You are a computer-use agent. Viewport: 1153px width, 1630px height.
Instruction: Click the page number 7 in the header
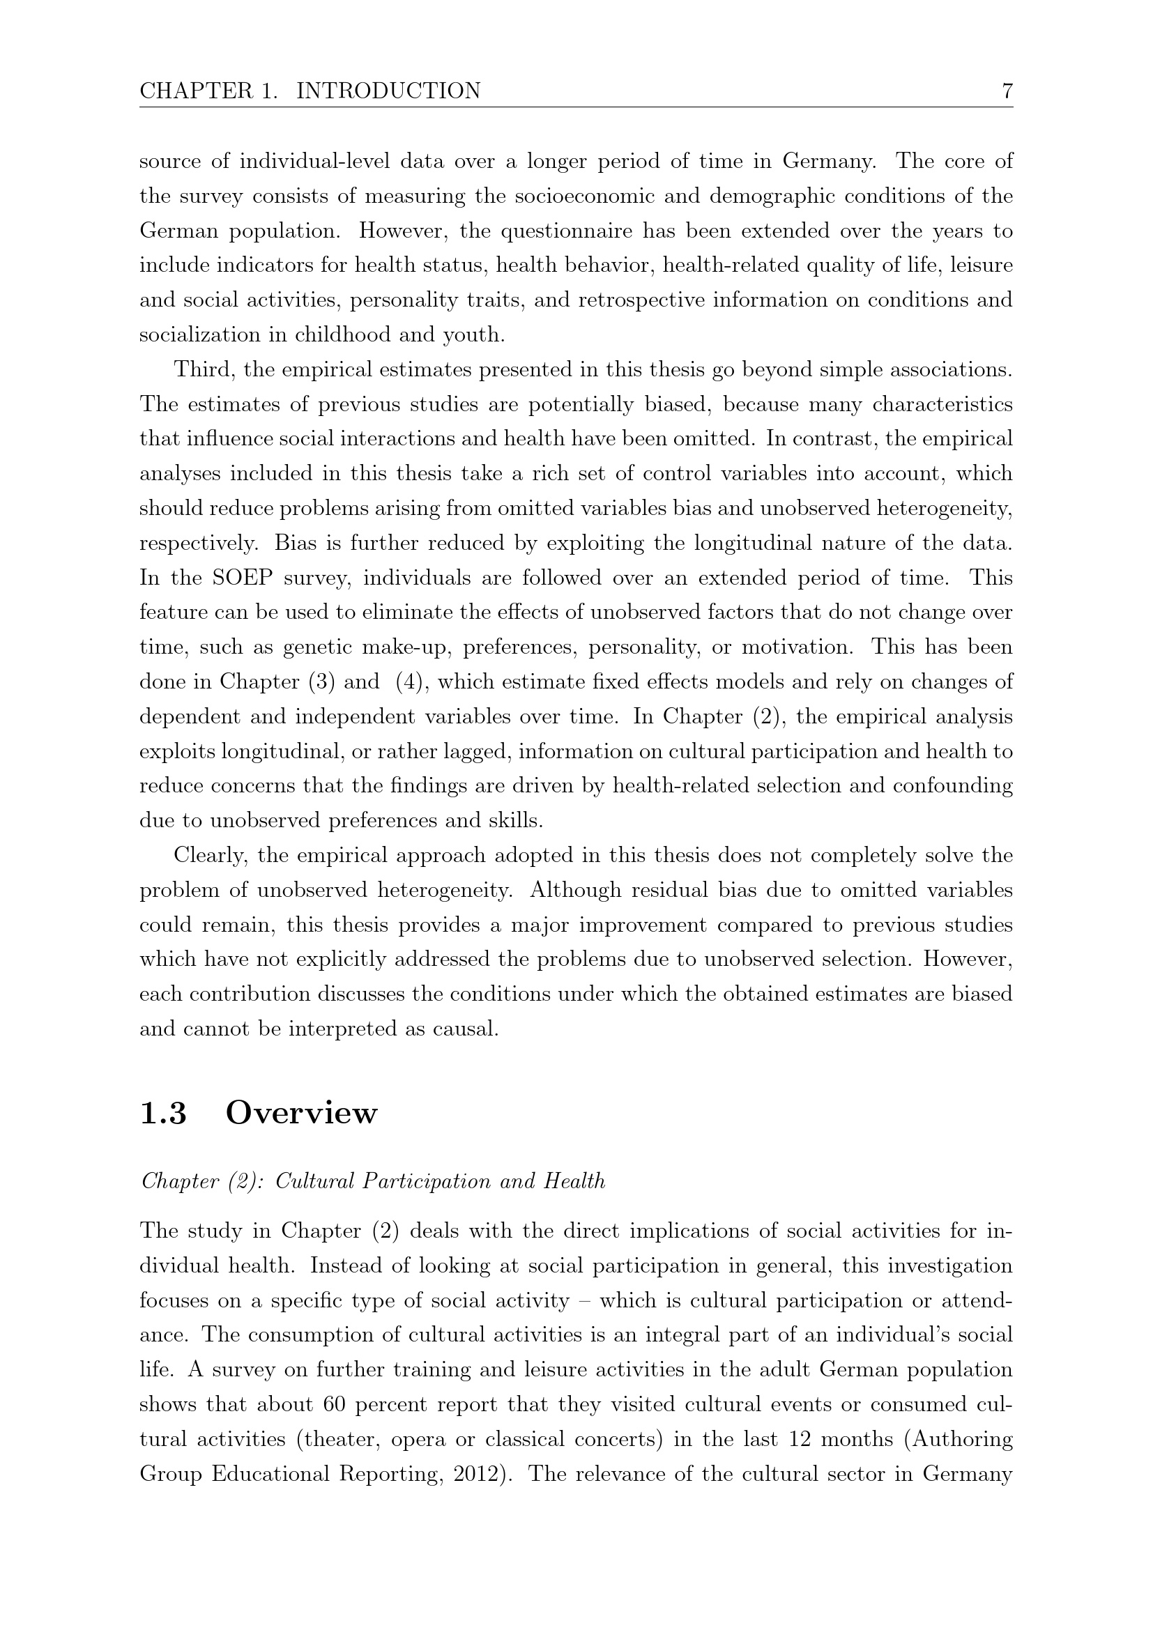click(1006, 91)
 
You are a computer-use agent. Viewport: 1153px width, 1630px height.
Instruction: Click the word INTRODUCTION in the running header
click(388, 91)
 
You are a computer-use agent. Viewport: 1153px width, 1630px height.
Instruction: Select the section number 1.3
click(163, 1112)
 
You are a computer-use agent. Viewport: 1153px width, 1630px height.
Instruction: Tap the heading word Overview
click(301, 1112)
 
